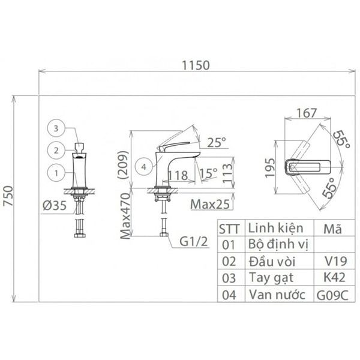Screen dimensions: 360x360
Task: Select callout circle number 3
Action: click(x=55, y=128)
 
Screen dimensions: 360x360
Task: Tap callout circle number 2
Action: click(x=55, y=150)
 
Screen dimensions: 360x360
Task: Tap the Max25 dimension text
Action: click(x=211, y=204)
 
